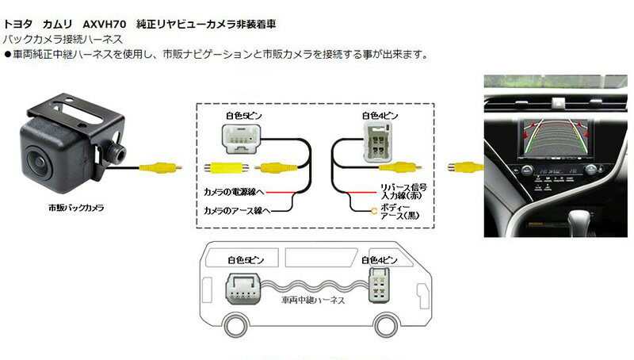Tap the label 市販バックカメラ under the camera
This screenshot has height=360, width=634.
click(x=75, y=208)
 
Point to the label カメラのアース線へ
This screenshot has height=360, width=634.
click(x=238, y=210)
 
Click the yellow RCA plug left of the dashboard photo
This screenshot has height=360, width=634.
click(x=464, y=167)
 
